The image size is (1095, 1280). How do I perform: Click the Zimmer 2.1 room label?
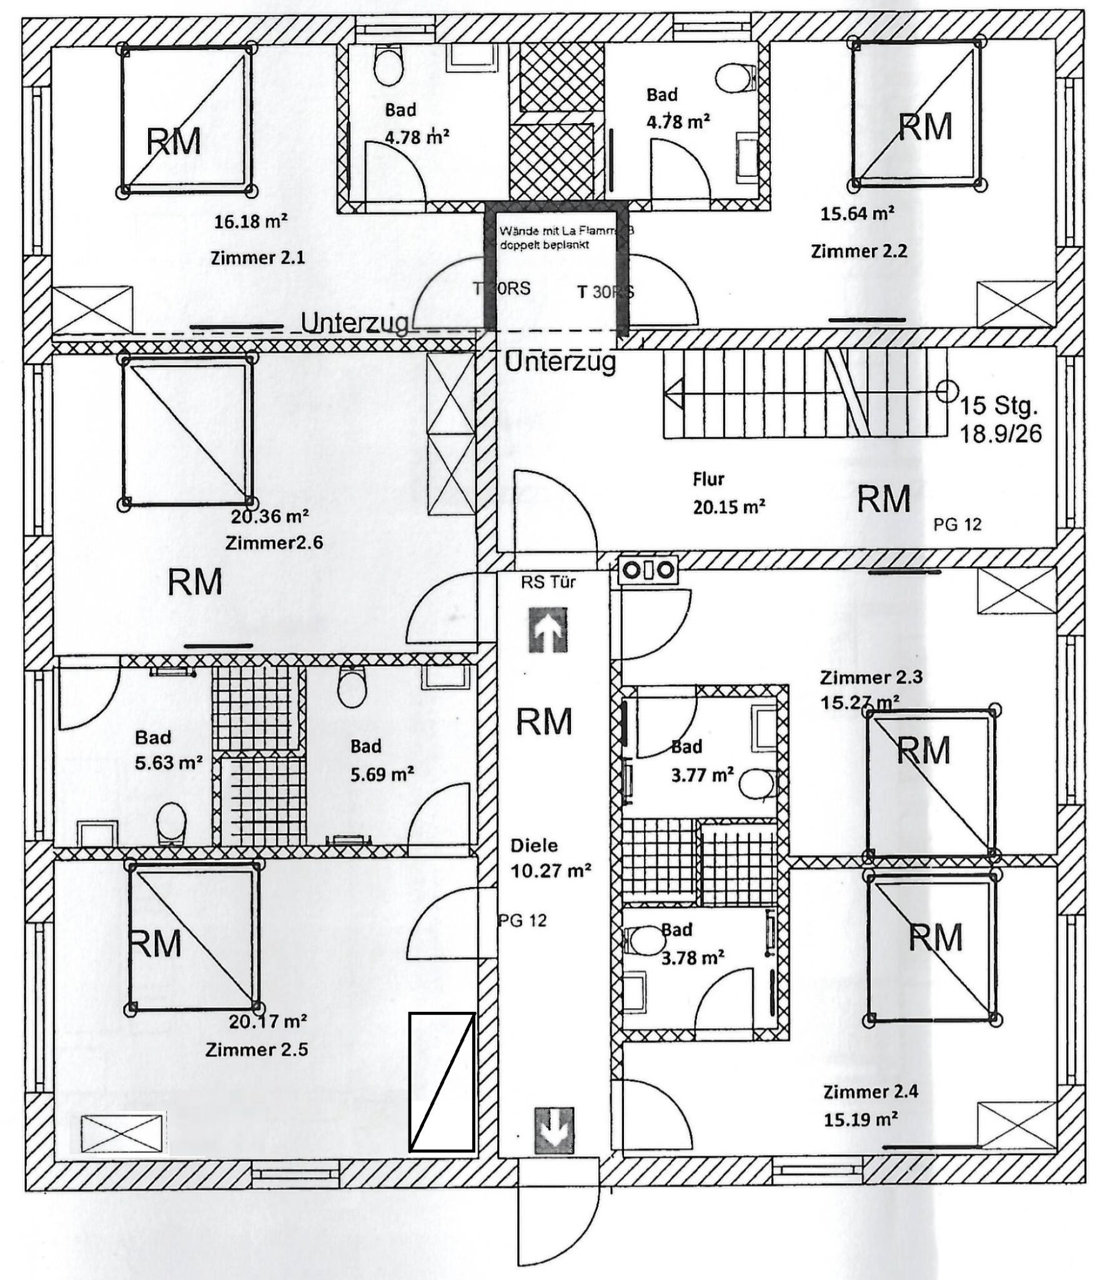pyautogui.click(x=257, y=257)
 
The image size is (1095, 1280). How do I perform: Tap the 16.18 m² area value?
pyautogui.click(x=251, y=221)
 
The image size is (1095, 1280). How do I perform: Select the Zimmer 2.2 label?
pyautogui.click(x=859, y=251)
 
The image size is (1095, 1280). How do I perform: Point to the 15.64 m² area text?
pyautogui.click(x=857, y=214)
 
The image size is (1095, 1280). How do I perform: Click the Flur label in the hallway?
pyautogui.click(x=708, y=479)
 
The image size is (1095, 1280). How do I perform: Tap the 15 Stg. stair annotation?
pyautogui.click(x=998, y=406)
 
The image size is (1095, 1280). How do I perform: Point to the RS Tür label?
pyautogui.click(x=548, y=582)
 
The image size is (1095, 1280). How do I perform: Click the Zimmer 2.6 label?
pyautogui.click(x=274, y=542)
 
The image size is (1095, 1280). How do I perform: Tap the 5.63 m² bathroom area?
pyautogui.click(x=169, y=763)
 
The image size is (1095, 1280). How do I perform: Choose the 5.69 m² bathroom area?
pyautogui.click(x=382, y=774)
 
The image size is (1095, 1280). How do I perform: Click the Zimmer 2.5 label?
pyautogui.click(x=257, y=1049)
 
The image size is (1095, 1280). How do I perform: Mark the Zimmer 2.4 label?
pyautogui.click(x=870, y=1092)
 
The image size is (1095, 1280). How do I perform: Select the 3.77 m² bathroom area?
pyautogui.click(x=702, y=775)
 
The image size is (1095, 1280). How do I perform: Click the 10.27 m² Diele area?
pyautogui.click(x=551, y=871)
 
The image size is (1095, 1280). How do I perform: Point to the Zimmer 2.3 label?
pyautogui.click(x=871, y=677)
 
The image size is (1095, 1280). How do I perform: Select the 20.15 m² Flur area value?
pyautogui.click(x=729, y=506)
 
